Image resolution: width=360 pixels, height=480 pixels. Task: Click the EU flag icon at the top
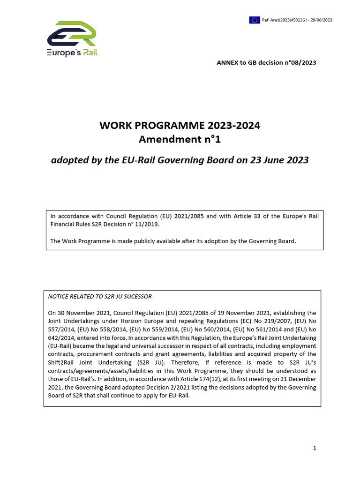255,20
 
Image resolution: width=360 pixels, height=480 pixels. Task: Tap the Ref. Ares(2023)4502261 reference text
297,20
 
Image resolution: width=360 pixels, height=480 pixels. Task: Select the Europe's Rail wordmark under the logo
72,53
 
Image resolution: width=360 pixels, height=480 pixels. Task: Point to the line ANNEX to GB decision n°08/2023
266,63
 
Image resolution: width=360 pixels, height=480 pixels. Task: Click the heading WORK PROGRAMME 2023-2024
180,126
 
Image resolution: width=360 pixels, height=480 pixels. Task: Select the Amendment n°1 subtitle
180,139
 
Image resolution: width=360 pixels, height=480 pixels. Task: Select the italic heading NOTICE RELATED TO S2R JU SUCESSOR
100,296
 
